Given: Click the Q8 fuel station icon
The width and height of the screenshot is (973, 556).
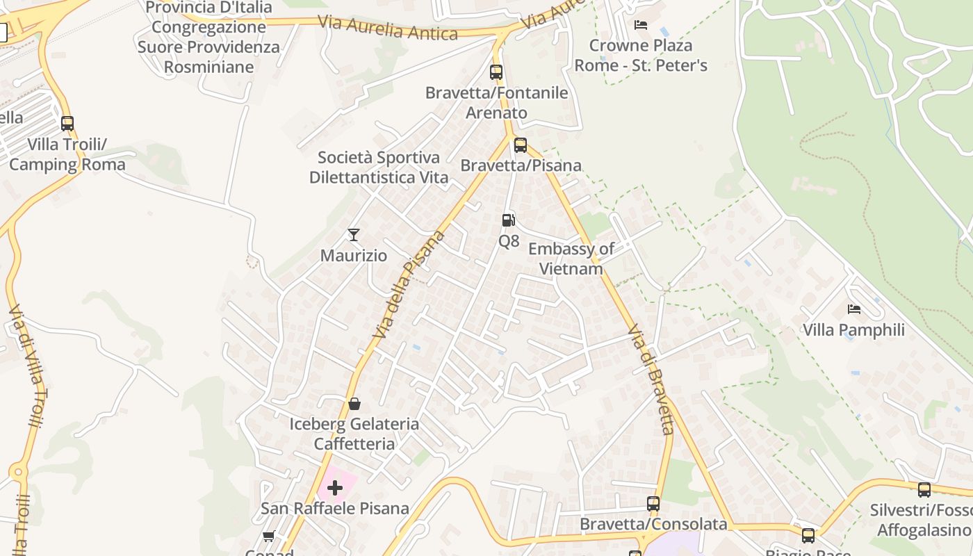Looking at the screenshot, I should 509,220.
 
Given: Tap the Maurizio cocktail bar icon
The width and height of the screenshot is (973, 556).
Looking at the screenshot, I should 354,235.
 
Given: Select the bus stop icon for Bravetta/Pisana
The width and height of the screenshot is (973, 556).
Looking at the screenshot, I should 521,145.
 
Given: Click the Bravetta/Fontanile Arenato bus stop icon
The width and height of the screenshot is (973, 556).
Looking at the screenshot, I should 496,72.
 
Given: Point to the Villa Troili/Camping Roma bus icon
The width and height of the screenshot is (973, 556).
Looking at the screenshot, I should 67,124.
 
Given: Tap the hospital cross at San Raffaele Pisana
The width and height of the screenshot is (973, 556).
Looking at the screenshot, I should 335,487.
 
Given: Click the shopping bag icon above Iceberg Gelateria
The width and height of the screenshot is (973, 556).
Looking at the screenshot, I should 354,404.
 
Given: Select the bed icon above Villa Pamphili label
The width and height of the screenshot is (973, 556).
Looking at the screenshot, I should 854,309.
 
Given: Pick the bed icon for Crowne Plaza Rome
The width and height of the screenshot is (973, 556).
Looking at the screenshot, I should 641,25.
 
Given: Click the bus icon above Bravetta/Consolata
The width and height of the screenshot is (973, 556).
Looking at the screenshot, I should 653,504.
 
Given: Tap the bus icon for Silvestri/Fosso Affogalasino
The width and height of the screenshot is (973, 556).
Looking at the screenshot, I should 924,490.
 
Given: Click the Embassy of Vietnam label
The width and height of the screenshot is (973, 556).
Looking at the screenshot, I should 571,259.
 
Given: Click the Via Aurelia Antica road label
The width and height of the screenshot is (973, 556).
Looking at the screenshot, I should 388,27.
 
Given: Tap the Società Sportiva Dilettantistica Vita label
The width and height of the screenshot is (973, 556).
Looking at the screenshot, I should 379,167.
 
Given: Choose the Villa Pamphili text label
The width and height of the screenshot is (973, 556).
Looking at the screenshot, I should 854,329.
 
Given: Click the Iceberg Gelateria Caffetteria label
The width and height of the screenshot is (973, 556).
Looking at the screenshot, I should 354,434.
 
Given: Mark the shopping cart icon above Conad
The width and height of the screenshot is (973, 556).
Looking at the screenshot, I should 269,536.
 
